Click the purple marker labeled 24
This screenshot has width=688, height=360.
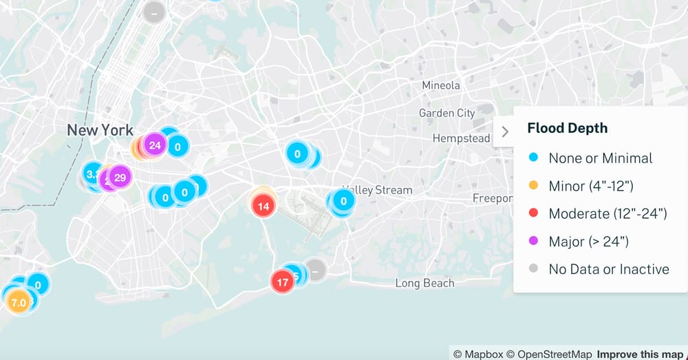pos(155,145)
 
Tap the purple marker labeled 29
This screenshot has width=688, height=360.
pos(120,178)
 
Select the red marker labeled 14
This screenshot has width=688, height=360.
pos(263,206)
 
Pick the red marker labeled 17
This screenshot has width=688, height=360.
pos(282,282)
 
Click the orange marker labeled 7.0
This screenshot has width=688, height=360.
pos(19,302)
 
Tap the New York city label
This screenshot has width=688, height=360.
pos(100,129)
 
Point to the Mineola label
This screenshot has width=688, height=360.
pos(441,85)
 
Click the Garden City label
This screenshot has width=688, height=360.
pos(447,113)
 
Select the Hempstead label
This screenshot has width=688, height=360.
pos(461,138)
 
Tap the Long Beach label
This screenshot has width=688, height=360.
pos(424,283)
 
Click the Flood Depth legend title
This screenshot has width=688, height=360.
pos(568,128)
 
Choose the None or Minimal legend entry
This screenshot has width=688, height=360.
pos(600,158)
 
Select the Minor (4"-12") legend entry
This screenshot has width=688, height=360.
pos(590,186)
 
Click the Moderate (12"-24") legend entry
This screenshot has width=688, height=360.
pos(608,213)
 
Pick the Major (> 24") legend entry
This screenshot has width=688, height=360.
pos(588,241)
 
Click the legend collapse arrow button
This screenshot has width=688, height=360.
pos(505,131)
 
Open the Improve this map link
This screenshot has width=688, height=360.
pos(640,354)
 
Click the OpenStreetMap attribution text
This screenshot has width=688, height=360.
pos(552,354)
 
